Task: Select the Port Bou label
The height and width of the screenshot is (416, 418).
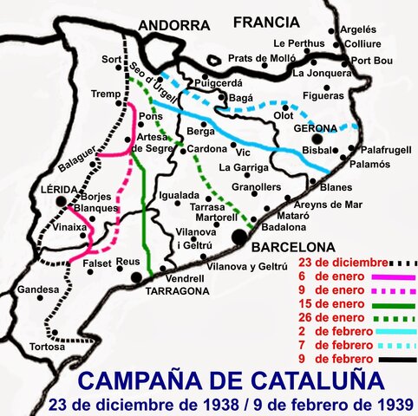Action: [373, 60]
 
